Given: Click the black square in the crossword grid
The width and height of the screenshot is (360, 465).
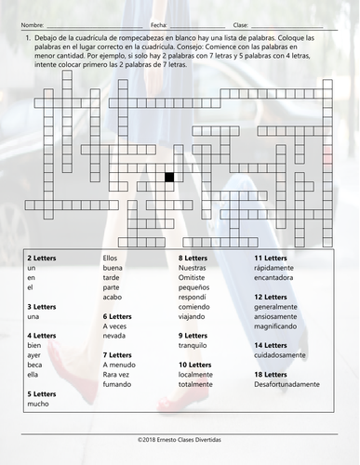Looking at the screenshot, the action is (169, 176).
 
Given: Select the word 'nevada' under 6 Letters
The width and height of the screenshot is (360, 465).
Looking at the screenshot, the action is (114, 335).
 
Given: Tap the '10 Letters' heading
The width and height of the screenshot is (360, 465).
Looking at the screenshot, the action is (195, 364).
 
